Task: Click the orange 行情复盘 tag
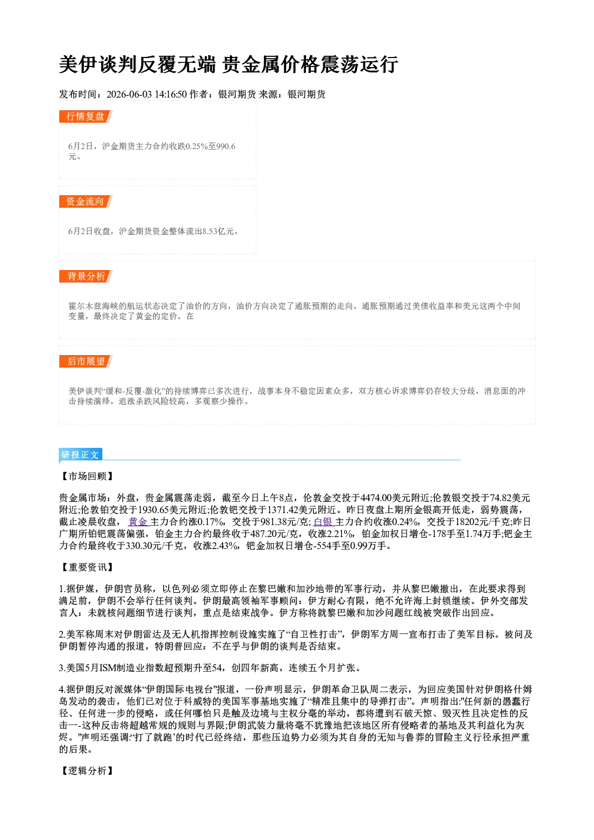click(x=86, y=116)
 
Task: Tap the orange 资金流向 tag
click(x=86, y=201)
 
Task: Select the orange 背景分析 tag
click(x=86, y=277)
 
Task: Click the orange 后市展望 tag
click(x=86, y=362)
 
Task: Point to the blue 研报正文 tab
click(x=80, y=455)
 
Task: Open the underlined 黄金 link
click(x=138, y=521)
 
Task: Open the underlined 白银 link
click(x=323, y=521)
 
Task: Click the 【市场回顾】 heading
click(x=87, y=476)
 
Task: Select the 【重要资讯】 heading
click(x=87, y=567)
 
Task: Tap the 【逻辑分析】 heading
click(x=87, y=771)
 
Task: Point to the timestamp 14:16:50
click(x=171, y=94)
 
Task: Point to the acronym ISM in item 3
click(x=107, y=668)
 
